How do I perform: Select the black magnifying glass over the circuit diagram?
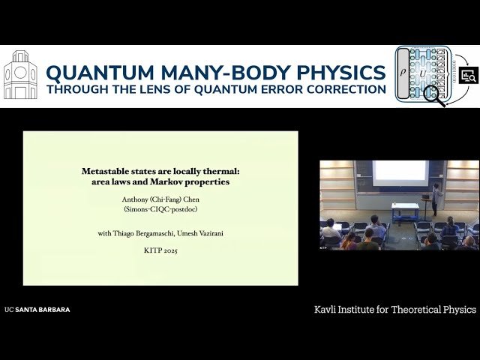(x=433, y=95)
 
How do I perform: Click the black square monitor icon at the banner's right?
(x=469, y=75)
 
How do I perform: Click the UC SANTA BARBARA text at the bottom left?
(x=37, y=309)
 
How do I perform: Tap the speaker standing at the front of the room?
(x=436, y=199)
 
